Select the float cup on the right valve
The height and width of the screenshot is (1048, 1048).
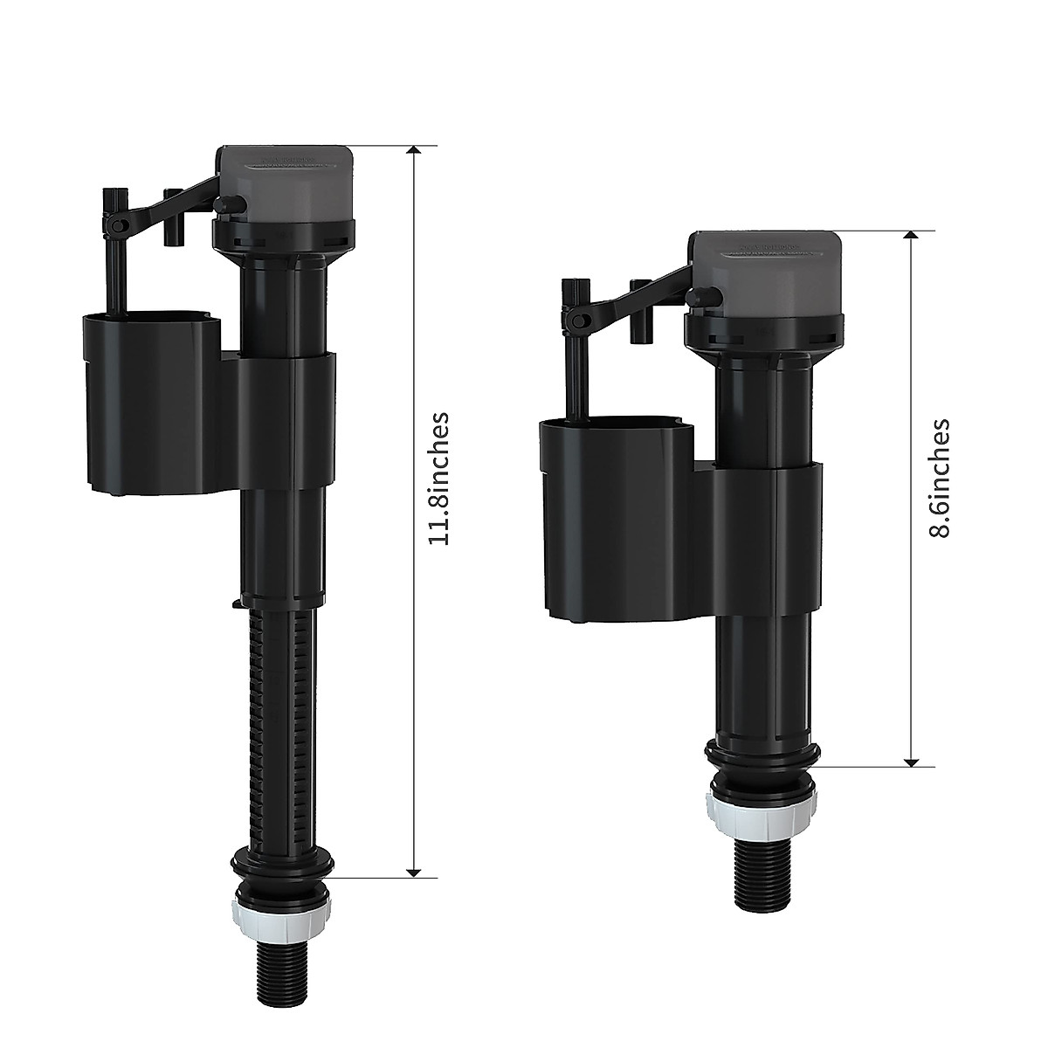(x=611, y=515)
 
